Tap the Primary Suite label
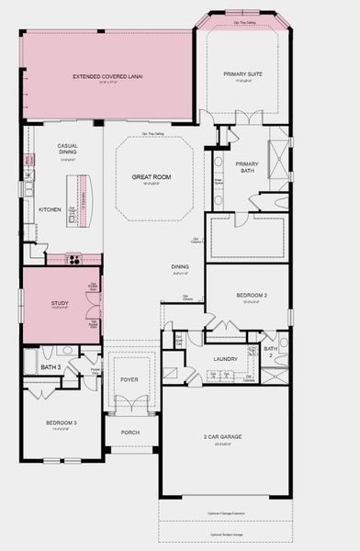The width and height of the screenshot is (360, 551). [x=242, y=75]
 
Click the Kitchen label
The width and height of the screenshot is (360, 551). [x=50, y=209]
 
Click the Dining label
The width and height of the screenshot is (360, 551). [x=180, y=267]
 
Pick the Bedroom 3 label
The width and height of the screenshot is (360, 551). [x=61, y=423]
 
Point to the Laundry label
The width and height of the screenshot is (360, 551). [x=225, y=359]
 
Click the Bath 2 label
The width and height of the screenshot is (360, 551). [x=271, y=349]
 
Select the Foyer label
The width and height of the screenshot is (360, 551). [x=129, y=378]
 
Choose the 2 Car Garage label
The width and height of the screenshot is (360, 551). [x=224, y=439]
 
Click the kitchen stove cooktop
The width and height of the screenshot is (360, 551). [x=73, y=259]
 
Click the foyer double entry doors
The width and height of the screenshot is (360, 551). [x=130, y=404]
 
